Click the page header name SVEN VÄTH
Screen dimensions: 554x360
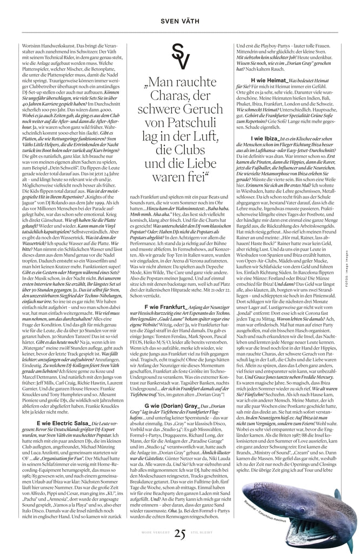pyautogui.click(x=180, y=21)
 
